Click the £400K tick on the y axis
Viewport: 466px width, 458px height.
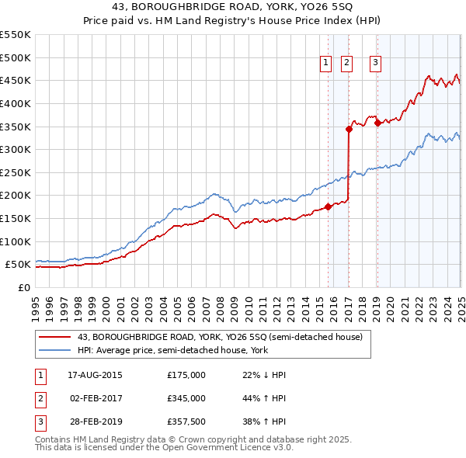coord(16,103)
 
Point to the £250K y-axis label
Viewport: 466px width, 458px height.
coord(16,172)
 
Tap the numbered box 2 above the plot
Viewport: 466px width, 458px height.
coord(346,64)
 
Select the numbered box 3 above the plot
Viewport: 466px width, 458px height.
coord(375,64)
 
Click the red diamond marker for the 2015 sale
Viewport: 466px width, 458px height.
coord(328,206)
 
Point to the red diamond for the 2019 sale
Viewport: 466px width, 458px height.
coord(377,123)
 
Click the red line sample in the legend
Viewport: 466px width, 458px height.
coord(54,338)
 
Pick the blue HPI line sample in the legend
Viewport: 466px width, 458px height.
coord(54,350)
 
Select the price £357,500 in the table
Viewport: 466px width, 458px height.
coord(186,423)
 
